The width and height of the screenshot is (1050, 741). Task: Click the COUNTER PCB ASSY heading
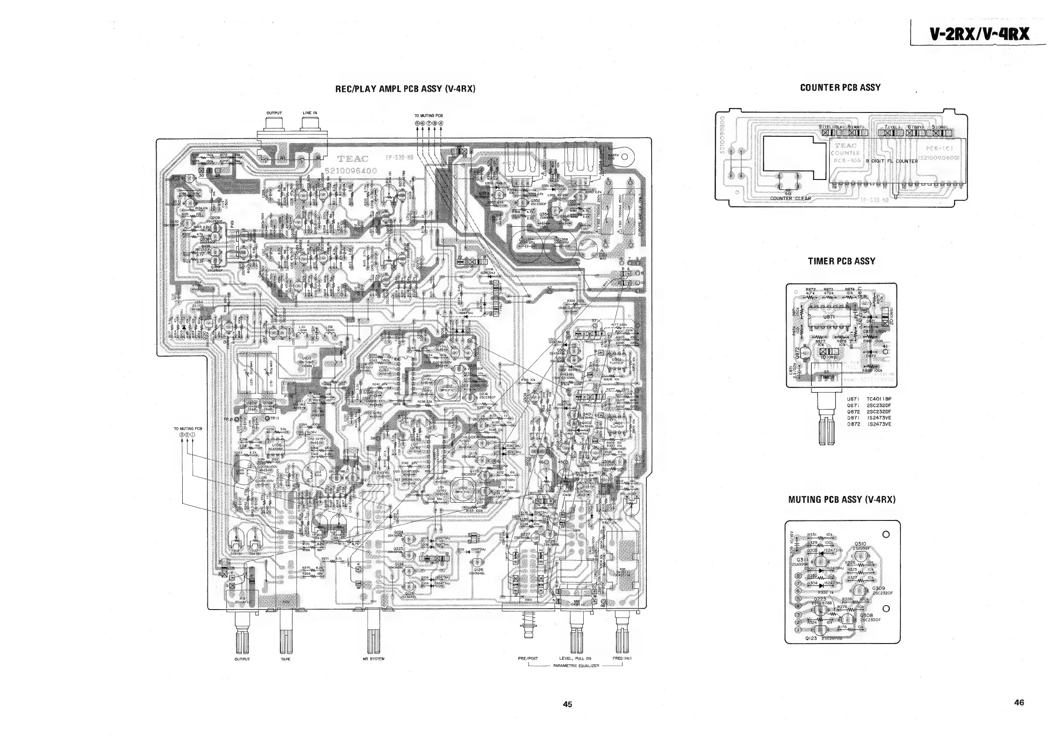840,87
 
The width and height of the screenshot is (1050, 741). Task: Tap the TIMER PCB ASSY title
841,261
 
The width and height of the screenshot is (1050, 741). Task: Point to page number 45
567,704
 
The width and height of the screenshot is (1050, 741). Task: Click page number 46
1019,703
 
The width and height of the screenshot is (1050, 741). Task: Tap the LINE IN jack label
310,113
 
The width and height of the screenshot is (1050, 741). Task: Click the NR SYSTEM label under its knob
374,659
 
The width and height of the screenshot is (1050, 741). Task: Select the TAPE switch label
285,659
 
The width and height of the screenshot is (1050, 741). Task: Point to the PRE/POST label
528,658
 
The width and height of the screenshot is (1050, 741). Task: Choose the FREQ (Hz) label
622,658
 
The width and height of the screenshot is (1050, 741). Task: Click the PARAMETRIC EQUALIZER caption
576,666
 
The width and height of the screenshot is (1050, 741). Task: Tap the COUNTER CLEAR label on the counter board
790,198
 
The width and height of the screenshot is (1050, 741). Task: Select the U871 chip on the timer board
829,316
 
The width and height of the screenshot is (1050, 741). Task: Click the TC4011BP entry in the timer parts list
879,399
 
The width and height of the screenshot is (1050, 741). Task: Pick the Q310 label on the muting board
860,544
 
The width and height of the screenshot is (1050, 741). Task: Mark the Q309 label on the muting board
878,588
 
